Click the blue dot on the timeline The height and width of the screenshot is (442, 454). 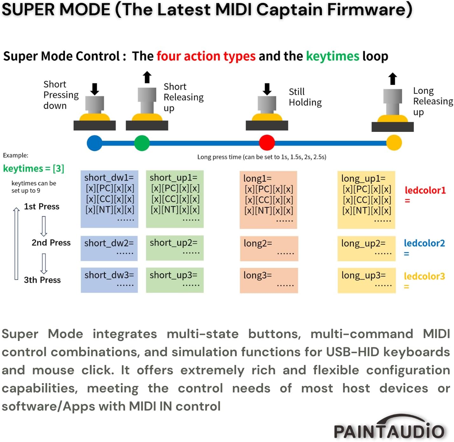coord(94,143)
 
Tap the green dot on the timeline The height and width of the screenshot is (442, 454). coord(142,143)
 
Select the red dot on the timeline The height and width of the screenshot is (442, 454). coord(267,143)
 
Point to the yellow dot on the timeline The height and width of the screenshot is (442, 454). coord(394,143)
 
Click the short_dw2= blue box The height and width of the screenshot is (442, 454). coord(109,248)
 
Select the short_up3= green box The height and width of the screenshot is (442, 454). coord(175,280)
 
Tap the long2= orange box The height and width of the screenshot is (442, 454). coord(269,248)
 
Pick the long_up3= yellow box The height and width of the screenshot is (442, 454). coord(367,280)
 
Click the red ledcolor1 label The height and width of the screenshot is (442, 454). coord(425,190)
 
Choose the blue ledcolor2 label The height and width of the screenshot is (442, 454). coord(424,243)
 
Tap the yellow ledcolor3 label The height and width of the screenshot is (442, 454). coord(424,276)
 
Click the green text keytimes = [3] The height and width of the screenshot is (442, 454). coord(34,168)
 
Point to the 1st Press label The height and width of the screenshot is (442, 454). coord(42,207)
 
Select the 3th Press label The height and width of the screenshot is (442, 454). coord(42,280)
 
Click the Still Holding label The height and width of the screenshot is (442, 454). coord(305,97)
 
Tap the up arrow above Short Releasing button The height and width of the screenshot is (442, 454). coord(147,77)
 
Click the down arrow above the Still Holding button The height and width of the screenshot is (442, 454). coord(267,89)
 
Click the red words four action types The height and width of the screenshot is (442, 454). coord(206,56)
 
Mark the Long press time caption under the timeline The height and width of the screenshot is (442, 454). coord(262,157)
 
